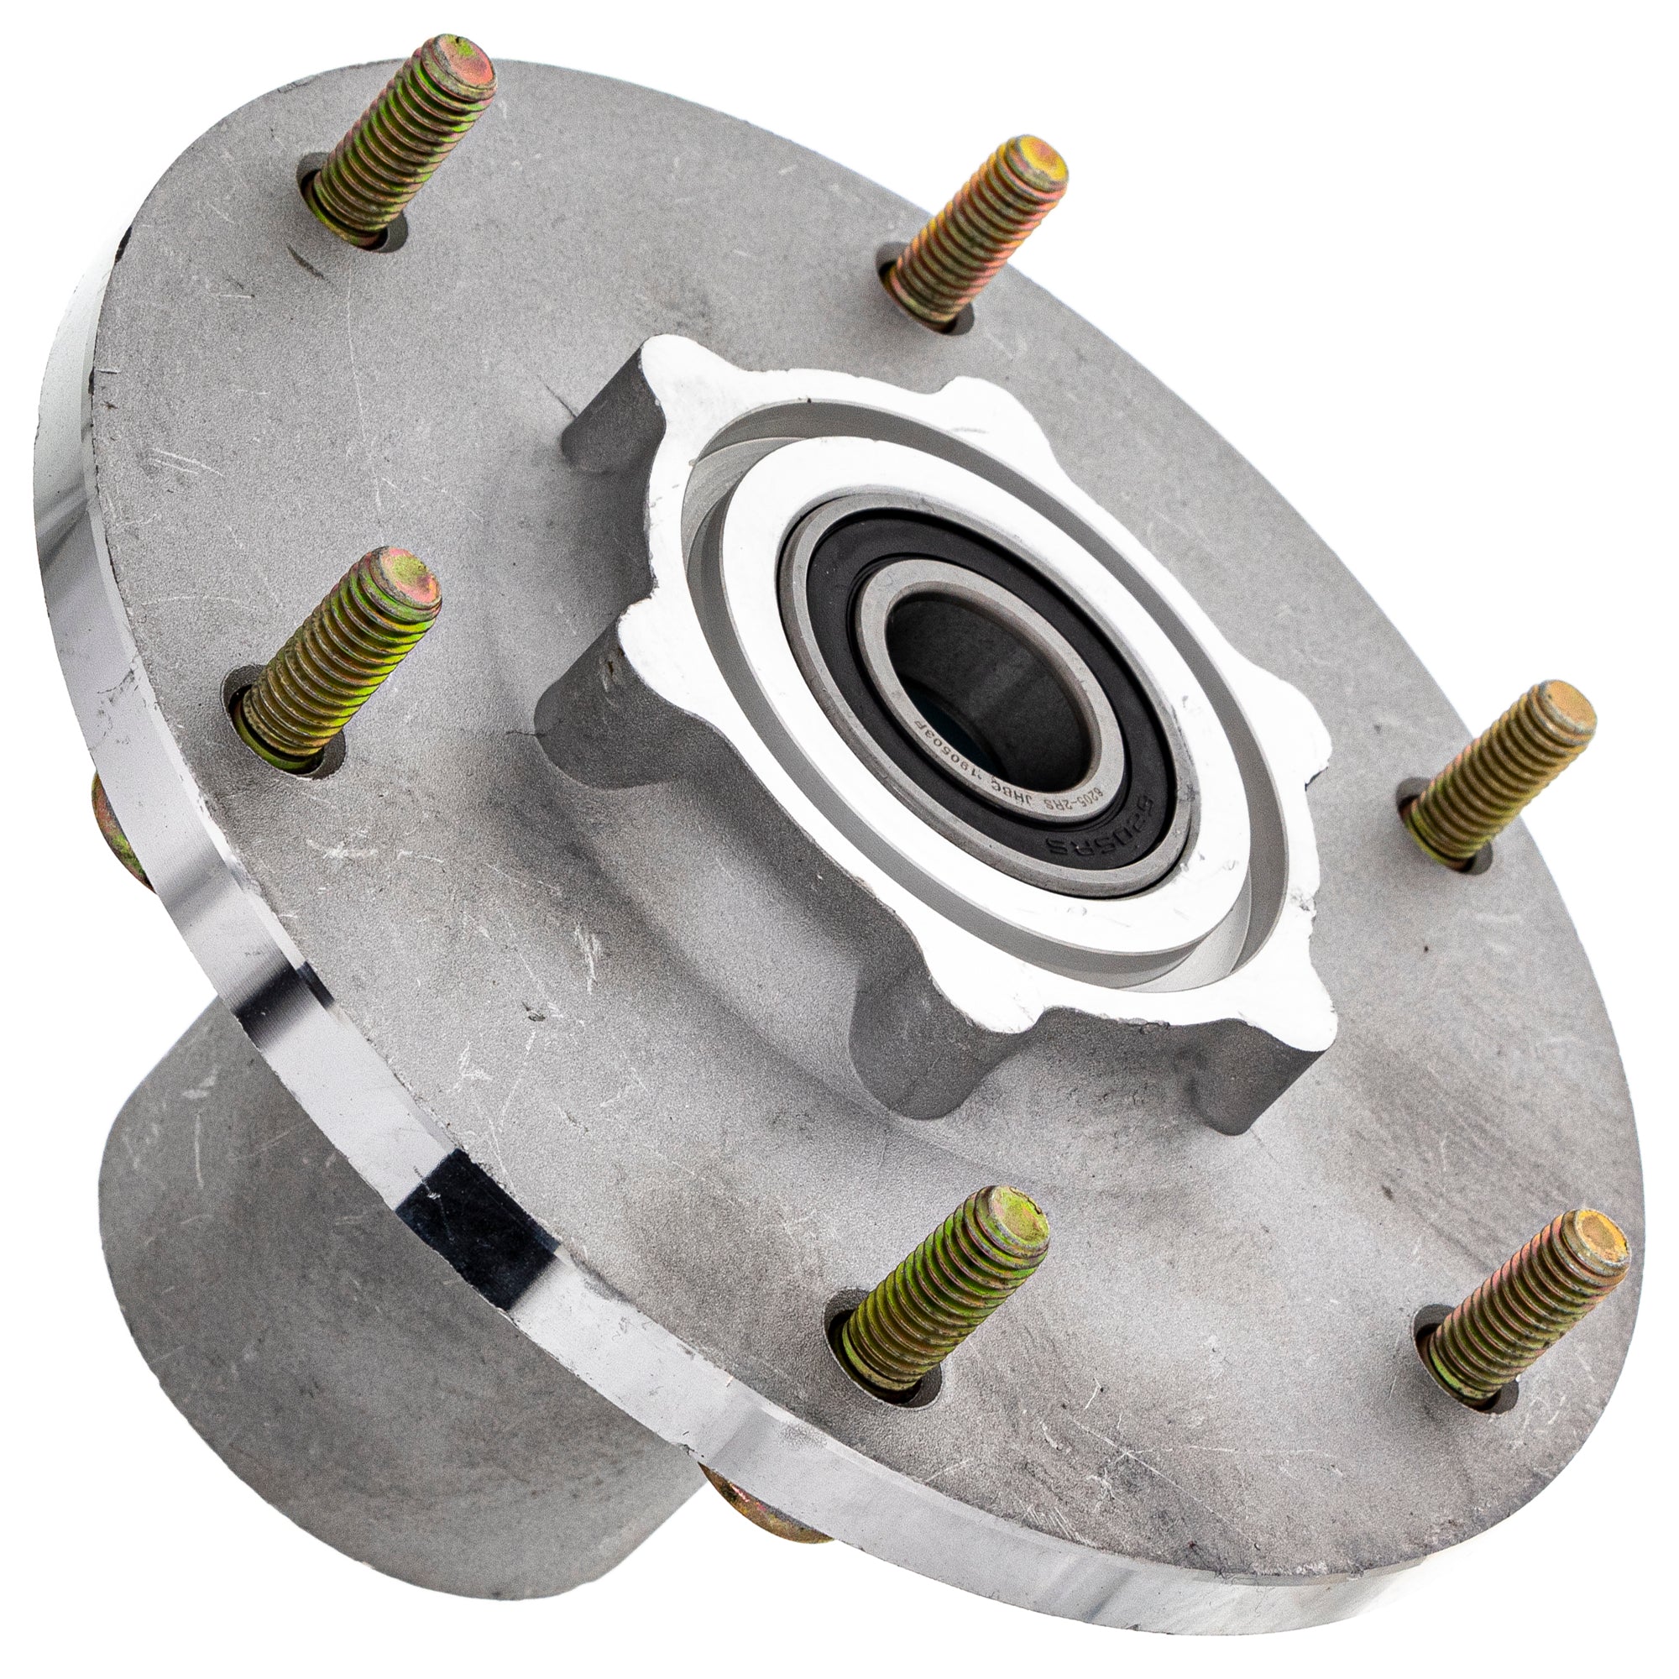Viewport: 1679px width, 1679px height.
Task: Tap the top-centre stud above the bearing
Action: (x=982, y=235)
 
